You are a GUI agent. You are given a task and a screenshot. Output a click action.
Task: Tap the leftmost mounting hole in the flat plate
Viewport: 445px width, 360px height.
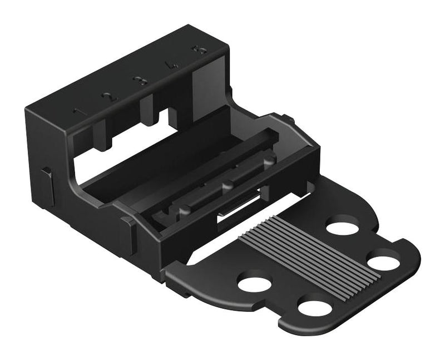pos(254,283)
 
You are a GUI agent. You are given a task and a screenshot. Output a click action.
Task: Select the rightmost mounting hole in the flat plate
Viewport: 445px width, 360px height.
pos(383,260)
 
